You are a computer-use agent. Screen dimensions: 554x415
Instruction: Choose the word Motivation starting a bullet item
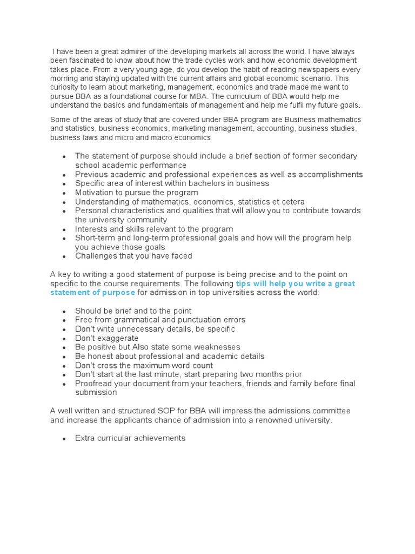click(95, 193)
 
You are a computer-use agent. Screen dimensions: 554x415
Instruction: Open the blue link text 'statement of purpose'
click(92, 293)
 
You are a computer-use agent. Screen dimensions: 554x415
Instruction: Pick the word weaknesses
click(217, 347)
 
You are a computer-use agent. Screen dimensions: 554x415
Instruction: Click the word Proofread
click(93, 384)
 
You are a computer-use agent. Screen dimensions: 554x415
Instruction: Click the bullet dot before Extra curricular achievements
click(64, 439)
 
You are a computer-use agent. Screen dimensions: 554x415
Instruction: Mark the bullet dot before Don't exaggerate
click(64, 339)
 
